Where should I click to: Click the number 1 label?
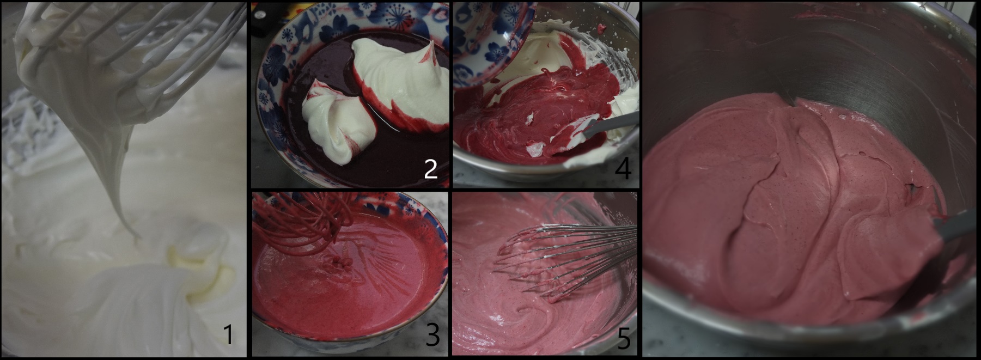click(228, 334)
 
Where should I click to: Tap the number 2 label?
click(430, 169)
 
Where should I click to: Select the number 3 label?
click(432, 336)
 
